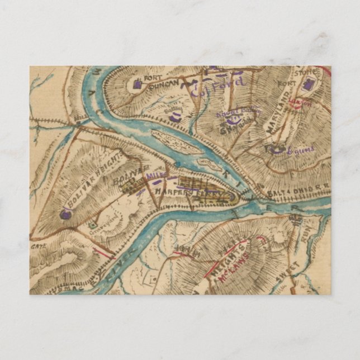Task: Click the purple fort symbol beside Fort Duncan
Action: point(138,85)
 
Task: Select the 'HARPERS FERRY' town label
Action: point(193,192)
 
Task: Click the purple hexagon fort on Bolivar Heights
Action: point(66,214)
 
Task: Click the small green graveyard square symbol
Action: point(91,225)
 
